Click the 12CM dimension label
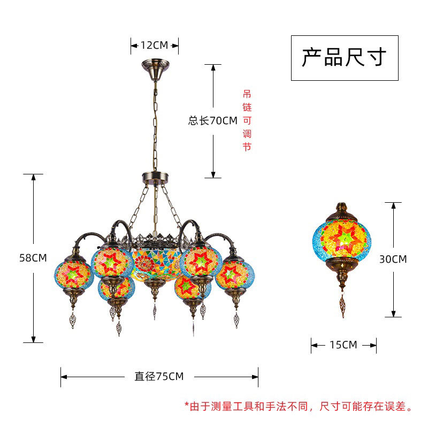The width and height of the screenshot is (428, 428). tap(154, 45)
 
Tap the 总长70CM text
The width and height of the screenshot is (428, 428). tap(212, 121)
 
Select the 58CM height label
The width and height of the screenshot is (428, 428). tap(33, 258)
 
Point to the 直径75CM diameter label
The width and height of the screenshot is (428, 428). tap(159, 377)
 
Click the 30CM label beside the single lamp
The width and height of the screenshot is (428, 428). tap(393, 259)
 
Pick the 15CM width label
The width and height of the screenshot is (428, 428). tap(343, 345)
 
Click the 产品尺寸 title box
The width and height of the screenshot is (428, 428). tap(344, 58)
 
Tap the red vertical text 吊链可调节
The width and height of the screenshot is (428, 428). tap(247, 120)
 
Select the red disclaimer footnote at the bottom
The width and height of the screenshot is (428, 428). tap(299, 407)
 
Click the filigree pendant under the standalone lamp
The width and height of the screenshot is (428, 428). tap(341, 305)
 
